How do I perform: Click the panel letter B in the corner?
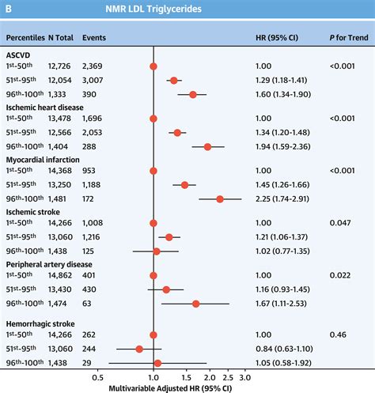[x=9, y=10]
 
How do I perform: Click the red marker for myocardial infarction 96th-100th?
[x=220, y=199]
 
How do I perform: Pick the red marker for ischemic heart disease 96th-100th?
[x=208, y=146]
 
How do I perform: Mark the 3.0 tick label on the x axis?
[x=244, y=378]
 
